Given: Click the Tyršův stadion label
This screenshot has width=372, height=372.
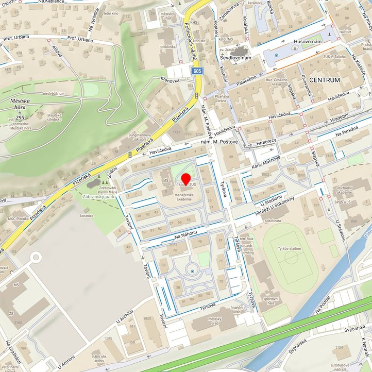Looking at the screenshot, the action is click(289, 248).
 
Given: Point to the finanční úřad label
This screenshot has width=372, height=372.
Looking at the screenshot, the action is click(236, 310).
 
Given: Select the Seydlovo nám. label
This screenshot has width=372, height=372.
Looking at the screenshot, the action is click(235, 58).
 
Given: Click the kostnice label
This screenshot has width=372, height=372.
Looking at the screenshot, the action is click(87, 215).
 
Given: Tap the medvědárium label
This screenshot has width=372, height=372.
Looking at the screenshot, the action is click(54, 93).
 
